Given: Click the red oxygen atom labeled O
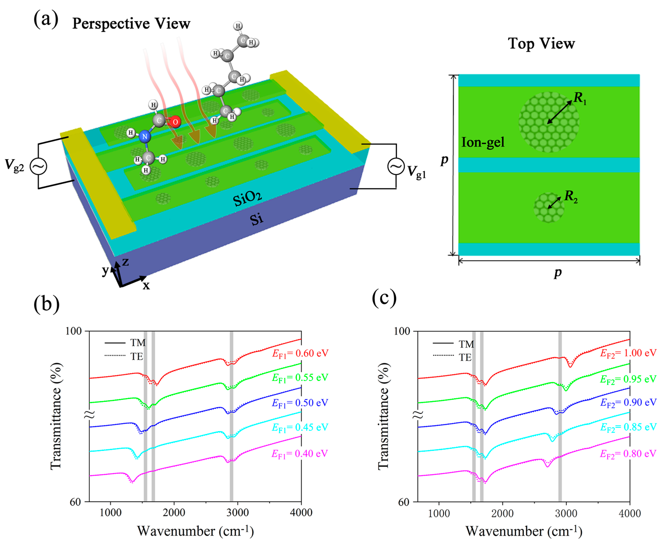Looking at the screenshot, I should pyautogui.click(x=175, y=122).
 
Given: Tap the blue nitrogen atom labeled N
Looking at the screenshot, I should pyautogui.click(x=144, y=137).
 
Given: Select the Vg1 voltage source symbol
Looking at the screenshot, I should pyautogui.click(x=396, y=166).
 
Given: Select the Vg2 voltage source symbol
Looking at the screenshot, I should pyautogui.click(x=38, y=166).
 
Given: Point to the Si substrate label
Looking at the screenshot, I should pyautogui.click(x=256, y=219).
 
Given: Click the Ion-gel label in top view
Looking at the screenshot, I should pyautogui.click(x=483, y=143).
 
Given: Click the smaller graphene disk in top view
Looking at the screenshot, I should pyautogui.click(x=549, y=207).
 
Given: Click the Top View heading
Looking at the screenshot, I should pyautogui.click(x=541, y=43).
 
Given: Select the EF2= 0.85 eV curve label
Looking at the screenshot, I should pyautogui.click(x=628, y=427).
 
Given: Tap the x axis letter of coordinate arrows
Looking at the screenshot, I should pyautogui.click(x=146, y=286).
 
